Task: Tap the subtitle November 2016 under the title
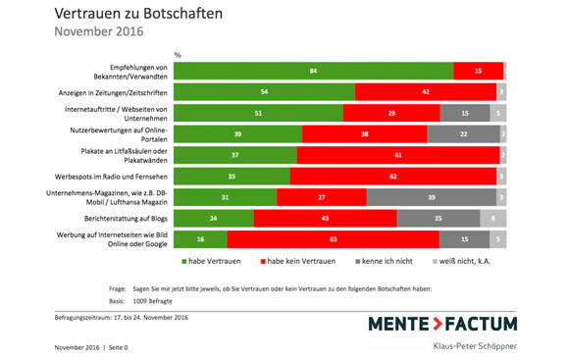(99, 31)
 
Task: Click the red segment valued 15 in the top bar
(478, 71)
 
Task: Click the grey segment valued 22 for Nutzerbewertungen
(463, 133)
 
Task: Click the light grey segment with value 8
(492, 218)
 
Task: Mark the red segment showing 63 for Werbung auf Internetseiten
(333, 238)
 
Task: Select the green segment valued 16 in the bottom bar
(200, 238)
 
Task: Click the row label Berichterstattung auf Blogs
(129, 218)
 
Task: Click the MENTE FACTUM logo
(442, 325)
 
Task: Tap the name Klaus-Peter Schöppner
(475, 346)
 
